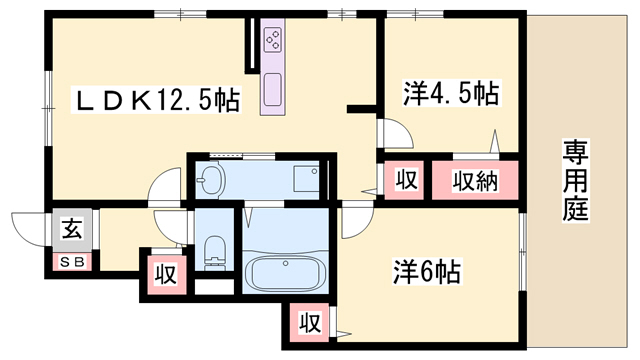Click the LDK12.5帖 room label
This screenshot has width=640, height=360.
click(x=160, y=101)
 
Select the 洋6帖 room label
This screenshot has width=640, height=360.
click(x=426, y=271)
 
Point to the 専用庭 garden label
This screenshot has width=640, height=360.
click(x=574, y=181)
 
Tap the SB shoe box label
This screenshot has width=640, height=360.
click(x=74, y=262)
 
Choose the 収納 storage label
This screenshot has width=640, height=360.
click(x=474, y=182)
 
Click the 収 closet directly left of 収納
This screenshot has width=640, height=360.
click(x=404, y=182)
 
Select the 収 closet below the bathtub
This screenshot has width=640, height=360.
click(x=309, y=323)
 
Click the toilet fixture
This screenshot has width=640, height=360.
click(x=213, y=252)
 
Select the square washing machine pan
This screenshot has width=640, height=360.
click(x=306, y=179)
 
